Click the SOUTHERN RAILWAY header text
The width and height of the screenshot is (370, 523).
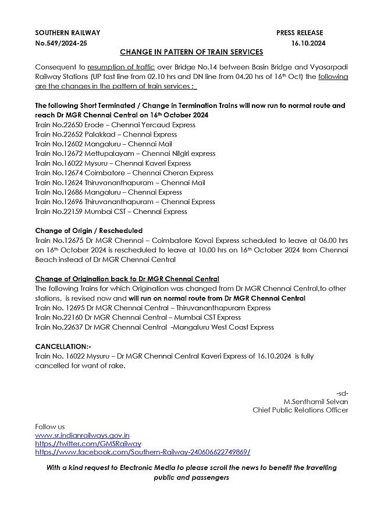[67, 33]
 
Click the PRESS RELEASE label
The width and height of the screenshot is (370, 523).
[300, 33]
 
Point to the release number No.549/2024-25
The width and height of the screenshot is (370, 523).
[62, 43]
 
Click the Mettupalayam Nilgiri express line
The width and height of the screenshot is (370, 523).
[125, 153]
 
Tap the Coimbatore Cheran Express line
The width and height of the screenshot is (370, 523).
[124, 173]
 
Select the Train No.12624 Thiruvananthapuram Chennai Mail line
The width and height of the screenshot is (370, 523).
[120, 182]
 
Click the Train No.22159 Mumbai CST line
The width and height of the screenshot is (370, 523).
[111, 212]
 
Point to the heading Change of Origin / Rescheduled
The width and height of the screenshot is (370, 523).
[88, 231]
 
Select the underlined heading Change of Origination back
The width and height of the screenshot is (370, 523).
[127, 279]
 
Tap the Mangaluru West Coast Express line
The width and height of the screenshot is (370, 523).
[154, 327]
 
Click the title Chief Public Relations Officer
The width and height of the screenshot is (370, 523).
[300, 410]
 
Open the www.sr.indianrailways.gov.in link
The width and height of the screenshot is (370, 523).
[82, 435]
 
